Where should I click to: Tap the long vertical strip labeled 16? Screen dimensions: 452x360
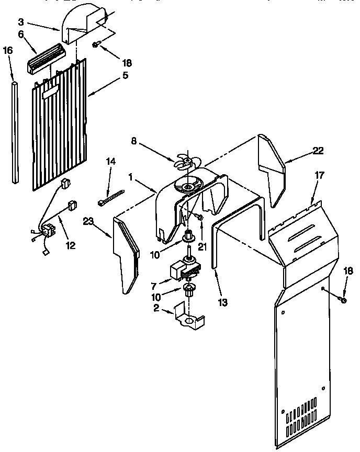[15, 131]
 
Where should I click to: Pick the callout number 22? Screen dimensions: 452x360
[318, 151]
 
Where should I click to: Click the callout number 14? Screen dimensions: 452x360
[110, 162]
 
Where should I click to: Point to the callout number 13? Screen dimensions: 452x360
[222, 302]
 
